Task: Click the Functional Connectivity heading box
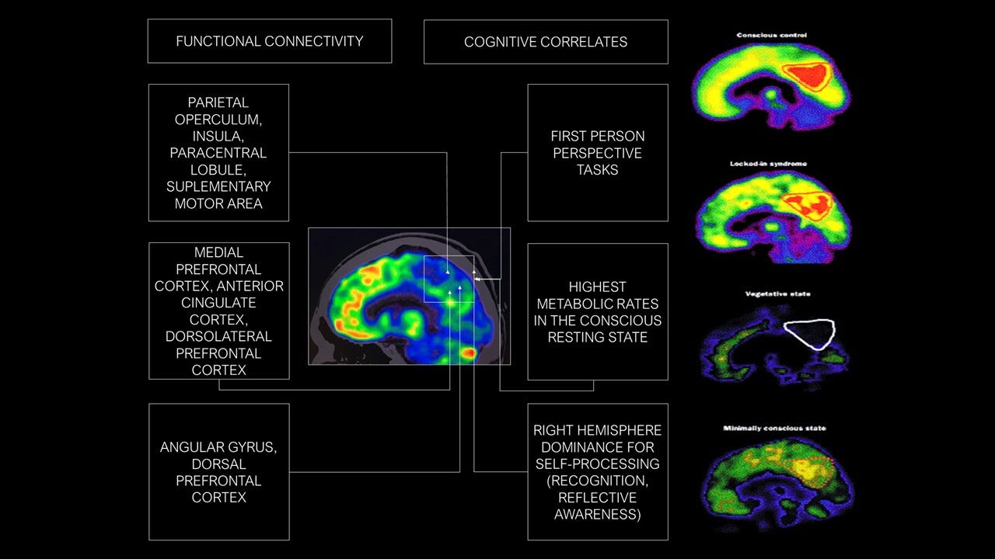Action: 269,41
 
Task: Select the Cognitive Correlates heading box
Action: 546,42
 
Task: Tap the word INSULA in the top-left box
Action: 219,136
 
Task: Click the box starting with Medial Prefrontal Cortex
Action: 219,311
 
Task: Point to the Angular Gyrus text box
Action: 219,471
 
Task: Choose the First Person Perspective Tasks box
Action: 598,152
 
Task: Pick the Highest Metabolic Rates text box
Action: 598,311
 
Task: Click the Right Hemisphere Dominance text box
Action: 598,471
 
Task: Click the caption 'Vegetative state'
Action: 772,294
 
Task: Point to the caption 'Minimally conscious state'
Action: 774,428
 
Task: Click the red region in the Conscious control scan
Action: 808,75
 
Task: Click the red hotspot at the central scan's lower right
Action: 469,353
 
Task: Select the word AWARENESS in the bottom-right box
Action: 598,514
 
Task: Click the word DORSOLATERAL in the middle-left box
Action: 219,336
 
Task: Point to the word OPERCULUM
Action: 219,119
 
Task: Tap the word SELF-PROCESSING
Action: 598,464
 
